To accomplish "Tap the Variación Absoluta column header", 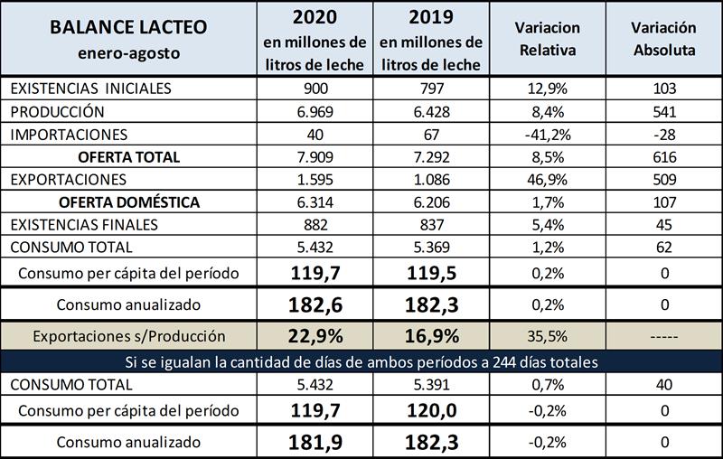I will point(662,39).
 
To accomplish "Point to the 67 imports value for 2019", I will point(431,134).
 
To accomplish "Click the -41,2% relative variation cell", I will point(548,134).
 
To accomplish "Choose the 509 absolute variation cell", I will point(662,179).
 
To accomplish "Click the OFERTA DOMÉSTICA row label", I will point(127,201).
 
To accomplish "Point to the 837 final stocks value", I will point(431,223).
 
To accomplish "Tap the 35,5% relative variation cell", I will point(548,336).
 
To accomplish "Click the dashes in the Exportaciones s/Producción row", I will point(662,336).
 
